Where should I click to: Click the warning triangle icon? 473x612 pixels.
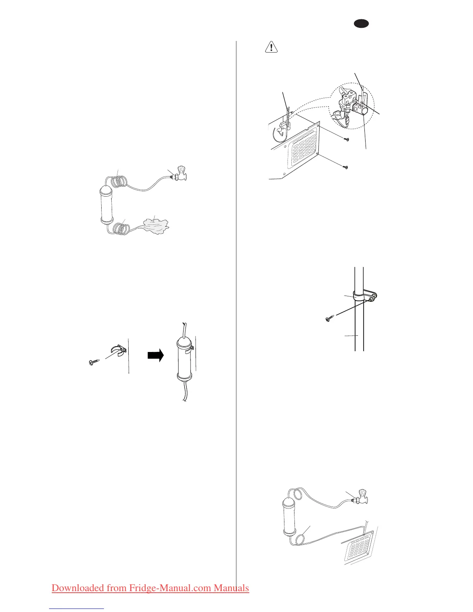point(272,47)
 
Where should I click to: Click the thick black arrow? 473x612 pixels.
point(156,355)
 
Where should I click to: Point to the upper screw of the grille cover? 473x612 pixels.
point(347,139)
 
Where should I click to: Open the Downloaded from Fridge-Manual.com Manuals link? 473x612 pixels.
point(150,588)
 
